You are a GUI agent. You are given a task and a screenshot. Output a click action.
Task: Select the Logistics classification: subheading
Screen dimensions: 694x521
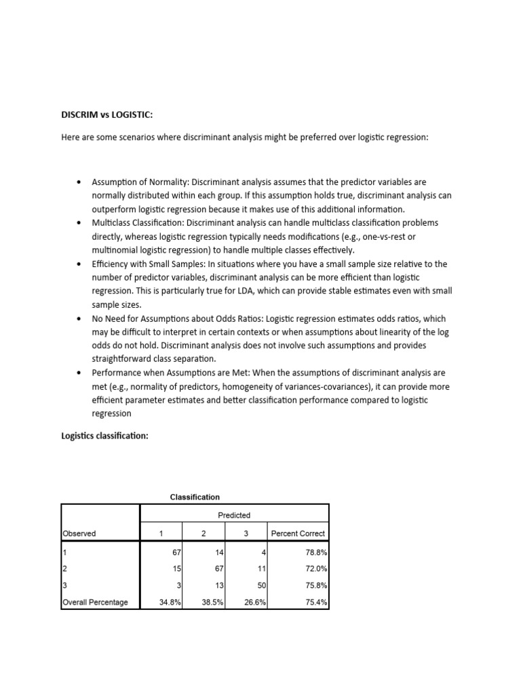click(104, 436)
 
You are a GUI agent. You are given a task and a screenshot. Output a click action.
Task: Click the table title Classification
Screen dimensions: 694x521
click(195, 497)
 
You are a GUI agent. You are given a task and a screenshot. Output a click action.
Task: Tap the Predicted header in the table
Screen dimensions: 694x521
click(234, 515)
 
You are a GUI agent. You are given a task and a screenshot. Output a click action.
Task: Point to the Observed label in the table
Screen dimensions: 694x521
click(79, 533)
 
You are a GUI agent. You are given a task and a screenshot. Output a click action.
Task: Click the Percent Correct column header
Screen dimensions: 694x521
click(298, 533)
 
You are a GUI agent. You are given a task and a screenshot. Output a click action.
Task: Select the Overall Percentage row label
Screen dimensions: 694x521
click(95, 602)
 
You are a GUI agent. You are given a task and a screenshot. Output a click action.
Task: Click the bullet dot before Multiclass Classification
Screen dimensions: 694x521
click(79, 223)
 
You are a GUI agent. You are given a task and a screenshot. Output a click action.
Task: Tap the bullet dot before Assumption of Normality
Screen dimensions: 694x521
click(79, 182)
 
